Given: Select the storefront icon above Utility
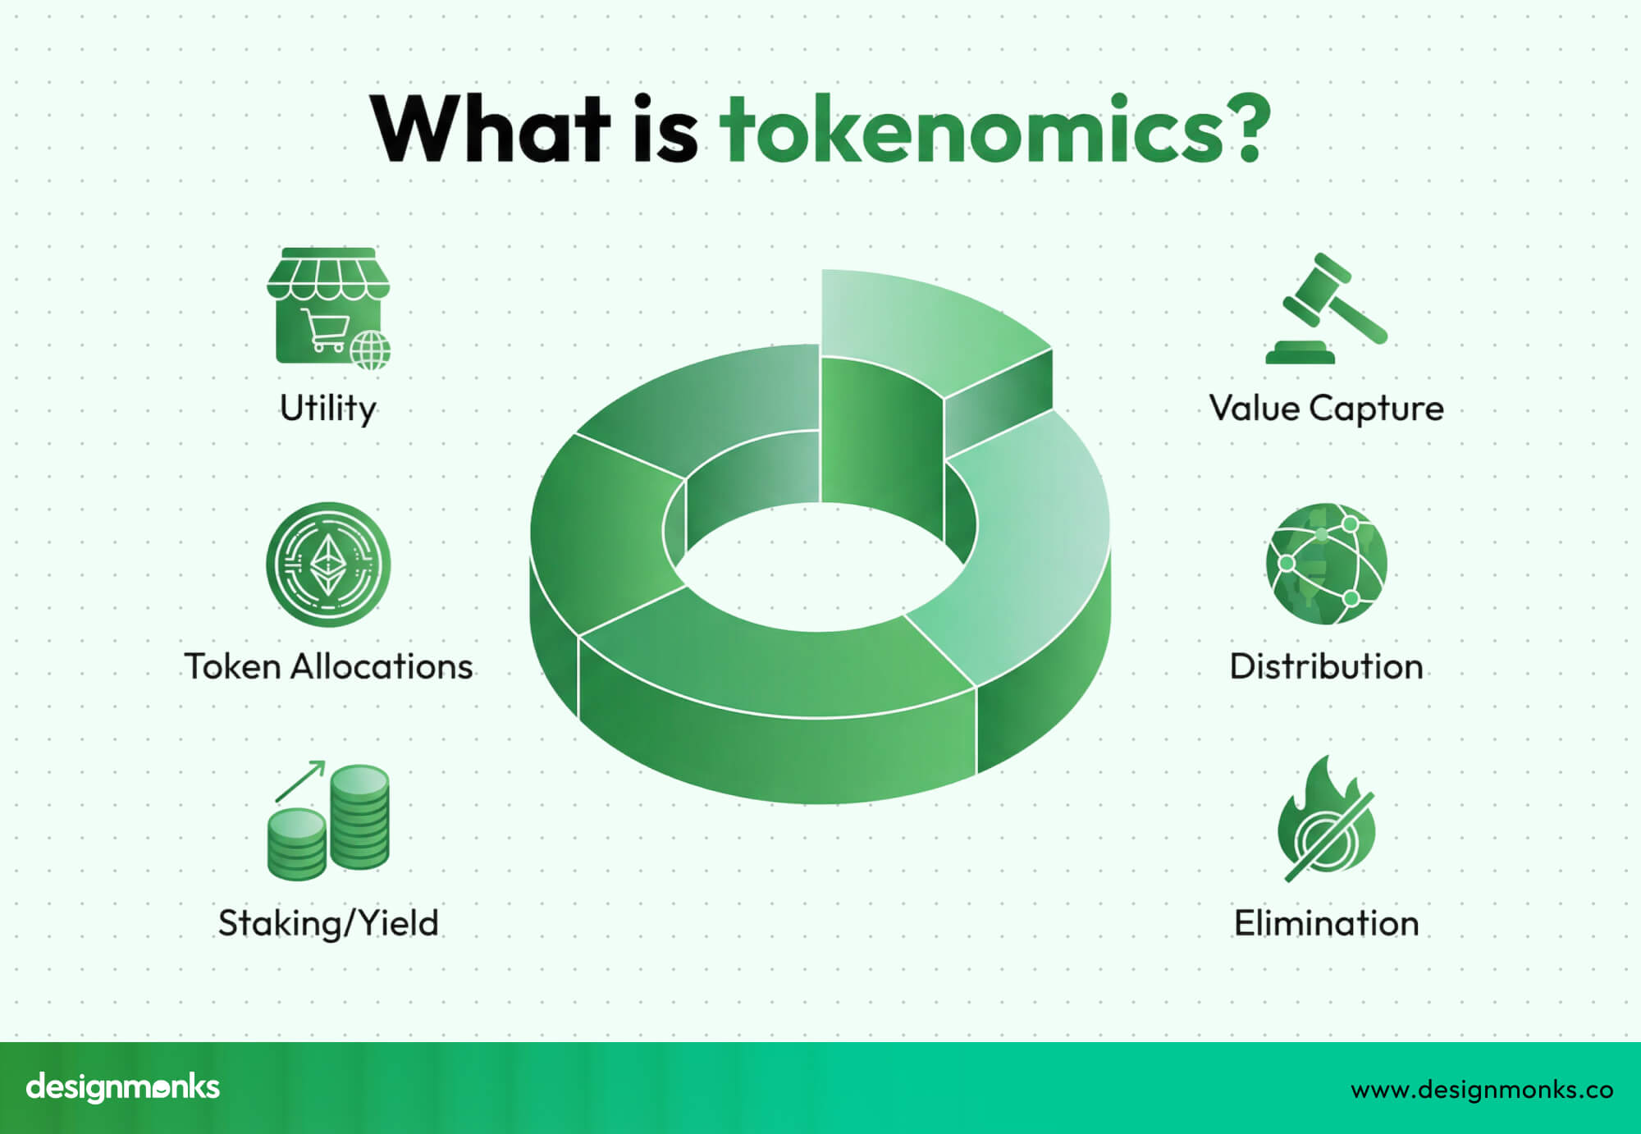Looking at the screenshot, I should click(328, 307).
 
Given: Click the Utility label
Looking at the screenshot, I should click(328, 408).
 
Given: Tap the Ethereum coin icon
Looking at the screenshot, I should click(328, 565).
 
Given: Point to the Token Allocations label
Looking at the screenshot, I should click(328, 666).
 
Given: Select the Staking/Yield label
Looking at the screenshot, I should click(328, 923).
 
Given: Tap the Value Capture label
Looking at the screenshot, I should click(1326, 408).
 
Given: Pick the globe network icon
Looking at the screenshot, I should click(1326, 564).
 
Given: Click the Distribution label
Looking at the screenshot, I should click(1326, 666).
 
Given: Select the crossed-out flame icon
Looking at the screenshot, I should click(1326, 821).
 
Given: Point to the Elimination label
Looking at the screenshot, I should click(1326, 923).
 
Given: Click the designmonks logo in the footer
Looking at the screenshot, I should click(123, 1087).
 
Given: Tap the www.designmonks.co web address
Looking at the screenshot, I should click(1482, 1089).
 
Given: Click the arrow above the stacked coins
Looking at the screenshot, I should click(300, 780).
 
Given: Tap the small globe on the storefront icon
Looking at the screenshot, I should click(371, 350).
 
